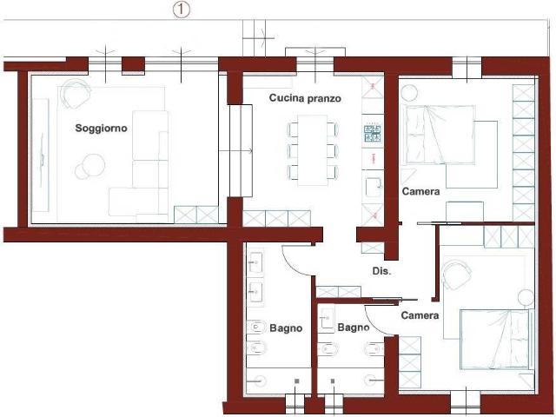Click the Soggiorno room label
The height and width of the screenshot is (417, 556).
click(101, 129)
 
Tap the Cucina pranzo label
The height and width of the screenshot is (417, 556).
click(305, 98)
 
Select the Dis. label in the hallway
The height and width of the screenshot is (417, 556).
click(381, 271)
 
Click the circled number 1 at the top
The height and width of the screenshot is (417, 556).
click(182, 10)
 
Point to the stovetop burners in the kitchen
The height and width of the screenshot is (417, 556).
click(373, 134)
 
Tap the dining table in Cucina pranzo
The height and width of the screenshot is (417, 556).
click(313, 150)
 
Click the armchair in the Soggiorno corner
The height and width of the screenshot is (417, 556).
click(76, 93)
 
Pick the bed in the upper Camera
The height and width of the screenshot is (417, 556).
click(439, 135)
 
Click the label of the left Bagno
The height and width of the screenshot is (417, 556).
click(286, 328)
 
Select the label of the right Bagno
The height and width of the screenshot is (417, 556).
click(354, 328)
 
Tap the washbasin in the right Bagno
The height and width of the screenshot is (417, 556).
click(327, 318)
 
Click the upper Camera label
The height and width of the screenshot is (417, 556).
click(420, 191)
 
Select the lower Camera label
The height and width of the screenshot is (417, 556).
click(420, 315)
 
